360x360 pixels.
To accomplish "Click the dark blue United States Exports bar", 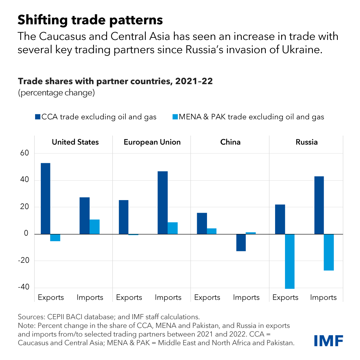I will point(46,198).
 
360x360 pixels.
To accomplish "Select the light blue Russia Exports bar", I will point(290,261).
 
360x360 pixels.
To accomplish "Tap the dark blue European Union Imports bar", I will point(163,202).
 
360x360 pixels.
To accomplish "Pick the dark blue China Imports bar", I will point(241,242).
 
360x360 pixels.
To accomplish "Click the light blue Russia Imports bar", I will point(329,252).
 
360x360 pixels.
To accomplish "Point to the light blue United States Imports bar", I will point(94,227).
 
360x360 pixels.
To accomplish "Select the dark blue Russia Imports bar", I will point(319,205).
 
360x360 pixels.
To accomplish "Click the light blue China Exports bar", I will point(211,231).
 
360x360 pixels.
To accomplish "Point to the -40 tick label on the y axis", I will point(24,287).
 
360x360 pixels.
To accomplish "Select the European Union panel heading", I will point(152,142).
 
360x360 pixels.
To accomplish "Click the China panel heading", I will point(230,142).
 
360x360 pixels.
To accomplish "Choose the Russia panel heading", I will point(307,142).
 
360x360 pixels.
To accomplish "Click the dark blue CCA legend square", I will point(37,117).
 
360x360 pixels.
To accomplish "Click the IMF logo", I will point(328,341).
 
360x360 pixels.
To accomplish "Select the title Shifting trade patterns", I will point(90,20).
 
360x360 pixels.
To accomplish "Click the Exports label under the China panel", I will point(207,298).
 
